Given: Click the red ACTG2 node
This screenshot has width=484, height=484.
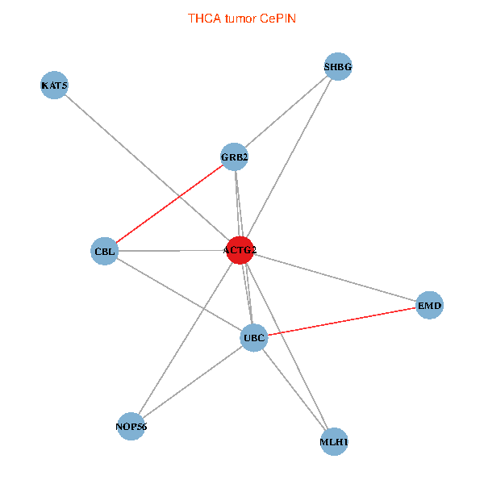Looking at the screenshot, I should click(240, 250).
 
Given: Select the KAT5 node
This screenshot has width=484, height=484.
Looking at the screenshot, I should click(54, 86).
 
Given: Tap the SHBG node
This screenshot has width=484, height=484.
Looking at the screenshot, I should click(338, 67).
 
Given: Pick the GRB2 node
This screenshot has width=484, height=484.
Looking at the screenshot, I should click(234, 156).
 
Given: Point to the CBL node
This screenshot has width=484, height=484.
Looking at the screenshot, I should click(105, 251).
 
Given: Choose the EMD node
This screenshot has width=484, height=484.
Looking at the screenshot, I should click(429, 306).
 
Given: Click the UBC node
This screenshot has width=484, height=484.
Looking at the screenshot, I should click(253, 337).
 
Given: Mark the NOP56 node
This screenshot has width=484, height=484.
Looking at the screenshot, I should click(131, 426).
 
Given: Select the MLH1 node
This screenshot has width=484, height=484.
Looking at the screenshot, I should click(333, 442).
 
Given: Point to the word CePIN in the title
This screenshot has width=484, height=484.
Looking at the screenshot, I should click(278, 18).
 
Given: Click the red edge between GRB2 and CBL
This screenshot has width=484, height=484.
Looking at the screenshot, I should click(169, 203).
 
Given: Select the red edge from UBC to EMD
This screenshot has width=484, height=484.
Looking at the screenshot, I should click(341, 321).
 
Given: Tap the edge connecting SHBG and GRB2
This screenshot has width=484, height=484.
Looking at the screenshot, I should click(286, 112).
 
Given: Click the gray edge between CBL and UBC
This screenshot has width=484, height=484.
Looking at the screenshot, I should click(179, 294).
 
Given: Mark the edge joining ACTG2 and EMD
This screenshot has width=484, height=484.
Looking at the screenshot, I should click(335, 278).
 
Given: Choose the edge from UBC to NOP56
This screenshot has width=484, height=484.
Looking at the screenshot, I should click(192, 382).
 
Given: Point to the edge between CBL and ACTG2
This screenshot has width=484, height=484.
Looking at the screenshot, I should click(173, 251).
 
